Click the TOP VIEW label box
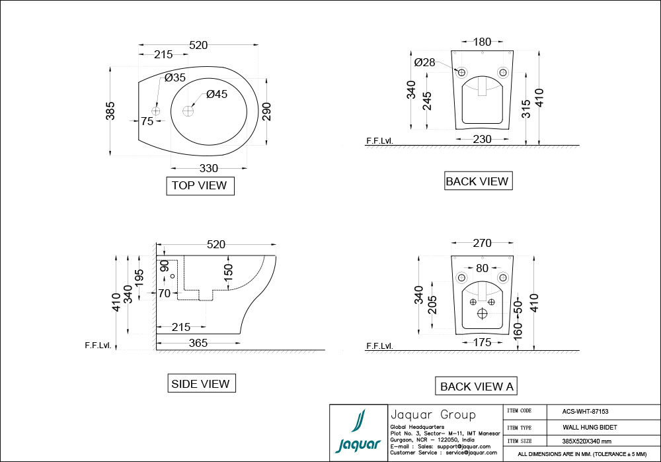(x=200, y=186)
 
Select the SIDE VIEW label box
(x=200, y=384)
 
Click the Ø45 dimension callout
(x=217, y=95)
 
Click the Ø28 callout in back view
(x=424, y=62)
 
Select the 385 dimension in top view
(x=110, y=111)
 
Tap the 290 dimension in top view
(x=266, y=111)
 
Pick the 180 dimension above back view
(x=483, y=42)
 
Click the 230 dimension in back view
(x=483, y=139)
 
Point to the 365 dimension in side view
(x=198, y=343)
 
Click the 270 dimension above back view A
(x=482, y=244)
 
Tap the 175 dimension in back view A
(x=483, y=342)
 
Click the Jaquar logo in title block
(x=358, y=433)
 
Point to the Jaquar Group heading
(x=433, y=415)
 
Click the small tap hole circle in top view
(x=157, y=110)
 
